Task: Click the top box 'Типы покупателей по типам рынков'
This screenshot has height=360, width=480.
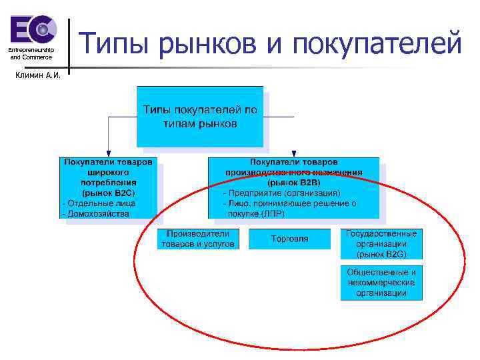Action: pyautogui.click(x=200, y=117)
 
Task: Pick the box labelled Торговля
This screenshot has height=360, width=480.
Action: pyautogui.click(x=289, y=239)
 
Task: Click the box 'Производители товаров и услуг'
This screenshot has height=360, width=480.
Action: pyautogui.click(x=197, y=239)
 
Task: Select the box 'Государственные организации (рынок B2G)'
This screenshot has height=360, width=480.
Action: pyautogui.click(x=381, y=244)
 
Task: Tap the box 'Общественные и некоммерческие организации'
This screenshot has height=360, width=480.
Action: pyautogui.click(x=381, y=283)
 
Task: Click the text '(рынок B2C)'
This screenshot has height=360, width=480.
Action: pyautogui.click(x=109, y=193)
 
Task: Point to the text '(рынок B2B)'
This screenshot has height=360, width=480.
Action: pyautogui.click(x=293, y=182)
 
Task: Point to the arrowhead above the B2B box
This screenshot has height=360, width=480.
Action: pyautogui.click(x=293, y=153)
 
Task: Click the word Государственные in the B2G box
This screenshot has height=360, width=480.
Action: pyautogui.click(x=381, y=234)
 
